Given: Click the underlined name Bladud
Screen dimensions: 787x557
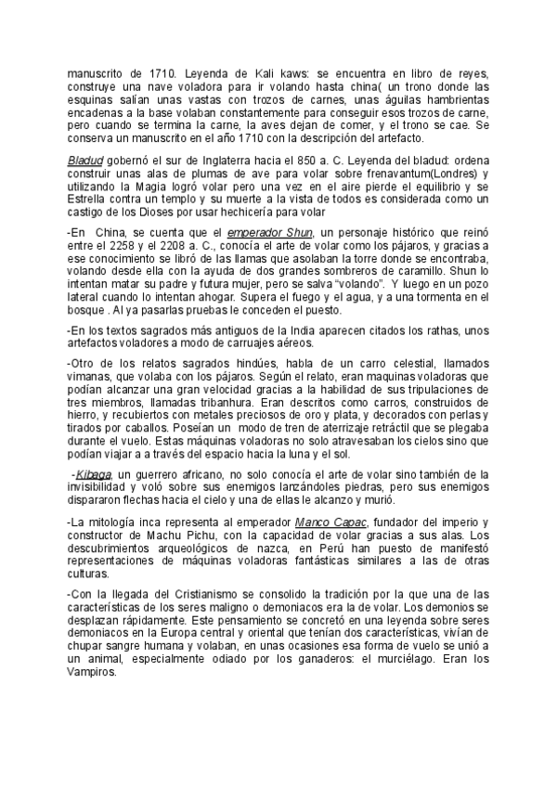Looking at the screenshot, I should pyautogui.click(x=85, y=160).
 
